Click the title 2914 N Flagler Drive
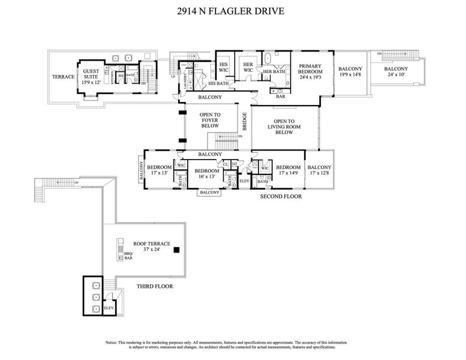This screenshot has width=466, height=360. [233, 10]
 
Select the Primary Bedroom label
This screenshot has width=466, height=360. [309, 71]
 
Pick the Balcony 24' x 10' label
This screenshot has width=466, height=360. [397, 72]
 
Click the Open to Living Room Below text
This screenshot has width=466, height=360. [284, 127]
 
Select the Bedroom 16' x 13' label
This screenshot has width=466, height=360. [206, 174]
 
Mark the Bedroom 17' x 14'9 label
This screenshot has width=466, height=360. [288, 170]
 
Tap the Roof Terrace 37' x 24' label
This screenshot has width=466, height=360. [152, 247]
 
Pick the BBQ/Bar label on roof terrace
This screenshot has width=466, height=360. [128, 256]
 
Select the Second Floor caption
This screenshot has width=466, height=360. [281, 196]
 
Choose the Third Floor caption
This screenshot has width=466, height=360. [154, 286]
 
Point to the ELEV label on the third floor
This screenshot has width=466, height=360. [109, 308]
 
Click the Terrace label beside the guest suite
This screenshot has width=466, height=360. [62, 77]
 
